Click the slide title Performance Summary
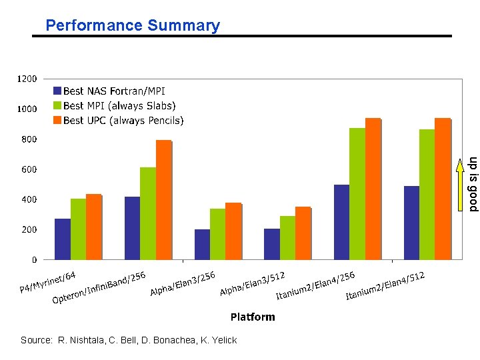[132, 26]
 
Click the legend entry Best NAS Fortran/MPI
[114, 91]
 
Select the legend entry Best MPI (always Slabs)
[119, 106]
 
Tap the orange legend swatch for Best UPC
[57, 121]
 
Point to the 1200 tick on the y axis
[27, 79]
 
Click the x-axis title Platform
[252, 317]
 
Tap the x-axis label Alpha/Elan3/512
[253, 283]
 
